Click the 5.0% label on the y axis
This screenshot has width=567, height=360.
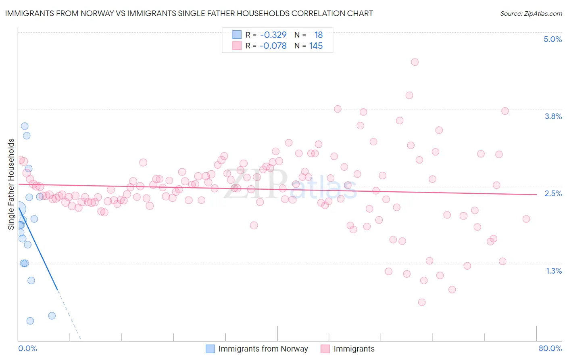pos(552,39)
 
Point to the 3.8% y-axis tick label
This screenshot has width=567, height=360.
pos(553,116)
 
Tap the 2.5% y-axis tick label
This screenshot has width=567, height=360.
pos(553,193)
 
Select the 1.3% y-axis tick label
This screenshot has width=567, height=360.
pos(554,271)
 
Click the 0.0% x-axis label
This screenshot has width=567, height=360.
pos(27,348)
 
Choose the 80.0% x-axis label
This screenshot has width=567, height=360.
pos(550,348)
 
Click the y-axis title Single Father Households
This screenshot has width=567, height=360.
pos(11,184)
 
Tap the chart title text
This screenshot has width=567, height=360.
pos(189,13)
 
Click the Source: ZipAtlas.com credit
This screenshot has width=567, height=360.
pos(531,13)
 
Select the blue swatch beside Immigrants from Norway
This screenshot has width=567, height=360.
pos(210,349)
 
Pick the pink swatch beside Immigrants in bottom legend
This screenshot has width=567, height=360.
pos(325,349)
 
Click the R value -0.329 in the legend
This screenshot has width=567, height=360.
pos(273,35)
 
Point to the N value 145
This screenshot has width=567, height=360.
pos(316,46)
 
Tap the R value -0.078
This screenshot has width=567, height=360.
pos(273,46)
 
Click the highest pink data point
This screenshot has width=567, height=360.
pos(415,62)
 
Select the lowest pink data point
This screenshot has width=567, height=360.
pos(422,302)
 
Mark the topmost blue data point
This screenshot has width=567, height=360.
pos(25,126)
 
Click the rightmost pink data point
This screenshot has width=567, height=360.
pos(526,219)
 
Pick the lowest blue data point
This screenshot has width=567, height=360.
pos(30,321)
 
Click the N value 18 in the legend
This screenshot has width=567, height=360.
pos(319,35)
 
